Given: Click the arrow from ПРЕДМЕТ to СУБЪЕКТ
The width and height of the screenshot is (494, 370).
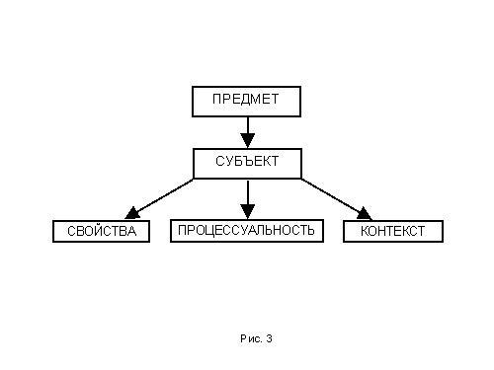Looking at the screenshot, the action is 248,132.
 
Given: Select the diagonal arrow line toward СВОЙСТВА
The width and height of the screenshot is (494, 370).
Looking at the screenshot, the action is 159,199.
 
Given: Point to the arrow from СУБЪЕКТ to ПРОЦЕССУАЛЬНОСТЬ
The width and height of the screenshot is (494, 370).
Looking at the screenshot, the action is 248,199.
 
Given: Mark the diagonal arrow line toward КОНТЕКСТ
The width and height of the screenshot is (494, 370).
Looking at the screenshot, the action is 337,199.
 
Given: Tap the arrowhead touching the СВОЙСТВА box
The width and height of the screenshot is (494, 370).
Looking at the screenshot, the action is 131,213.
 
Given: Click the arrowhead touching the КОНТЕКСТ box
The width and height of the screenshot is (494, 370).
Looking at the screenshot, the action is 365,214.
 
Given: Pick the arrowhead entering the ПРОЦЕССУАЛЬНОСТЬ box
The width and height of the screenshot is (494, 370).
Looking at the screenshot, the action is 248,211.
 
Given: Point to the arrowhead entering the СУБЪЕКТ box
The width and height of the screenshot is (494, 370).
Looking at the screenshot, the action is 248,140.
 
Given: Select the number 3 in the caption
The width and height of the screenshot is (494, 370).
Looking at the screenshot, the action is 270,338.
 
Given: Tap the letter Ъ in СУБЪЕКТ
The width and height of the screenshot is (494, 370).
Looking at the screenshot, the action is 247,161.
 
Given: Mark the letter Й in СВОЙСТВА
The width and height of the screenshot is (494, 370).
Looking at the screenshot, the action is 101,230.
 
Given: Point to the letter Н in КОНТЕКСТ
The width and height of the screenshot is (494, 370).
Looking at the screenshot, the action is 384,231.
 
